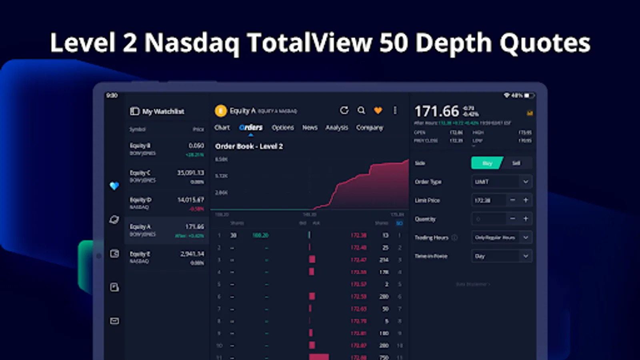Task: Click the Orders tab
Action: point(251,128)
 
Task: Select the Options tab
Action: point(283,128)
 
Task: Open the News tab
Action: point(310,128)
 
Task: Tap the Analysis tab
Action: point(337,128)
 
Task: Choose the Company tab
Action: point(370,128)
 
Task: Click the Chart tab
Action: point(222,128)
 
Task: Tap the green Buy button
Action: point(487,163)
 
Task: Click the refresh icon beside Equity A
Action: point(344,110)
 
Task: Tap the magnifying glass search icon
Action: point(361,110)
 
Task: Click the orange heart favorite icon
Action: point(378,110)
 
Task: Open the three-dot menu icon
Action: point(395,110)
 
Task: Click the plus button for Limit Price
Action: point(526,200)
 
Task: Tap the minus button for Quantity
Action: point(512,219)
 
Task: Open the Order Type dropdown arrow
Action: point(526,182)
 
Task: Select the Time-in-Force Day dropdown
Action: point(502,256)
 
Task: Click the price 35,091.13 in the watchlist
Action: point(190,173)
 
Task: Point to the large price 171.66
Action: point(436,111)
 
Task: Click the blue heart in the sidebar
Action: point(114,186)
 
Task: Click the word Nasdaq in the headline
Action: point(192,43)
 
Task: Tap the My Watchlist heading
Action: point(163,111)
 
